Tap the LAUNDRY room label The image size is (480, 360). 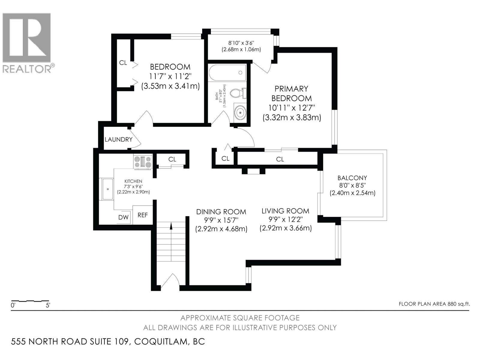[118, 139]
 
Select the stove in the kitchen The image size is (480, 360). [143, 162]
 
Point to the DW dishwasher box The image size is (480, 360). [123, 217]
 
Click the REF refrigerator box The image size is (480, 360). [143, 215]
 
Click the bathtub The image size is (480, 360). [227, 72]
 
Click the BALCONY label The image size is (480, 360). [352, 178]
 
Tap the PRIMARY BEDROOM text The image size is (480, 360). [291, 93]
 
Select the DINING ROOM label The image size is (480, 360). [221, 212]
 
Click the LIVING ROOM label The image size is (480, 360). [285, 211]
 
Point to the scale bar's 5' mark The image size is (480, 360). [48, 306]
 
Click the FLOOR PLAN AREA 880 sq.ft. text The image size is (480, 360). [434, 304]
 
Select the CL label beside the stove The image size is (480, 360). [172, 159]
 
